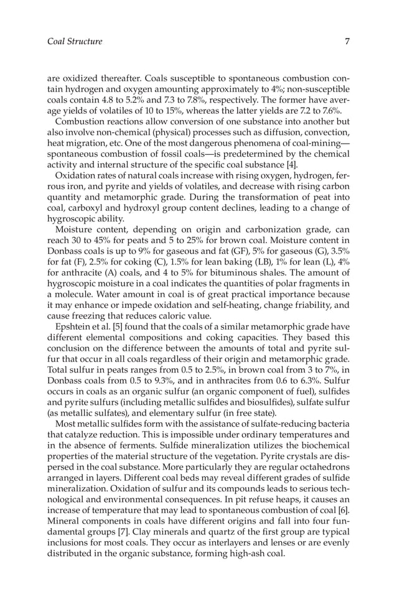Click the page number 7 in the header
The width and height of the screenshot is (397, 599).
click(x=347, y=42)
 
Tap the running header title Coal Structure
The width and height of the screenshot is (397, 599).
click(x=75, y=42)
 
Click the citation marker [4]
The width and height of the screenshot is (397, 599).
click(x=274, y=164)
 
